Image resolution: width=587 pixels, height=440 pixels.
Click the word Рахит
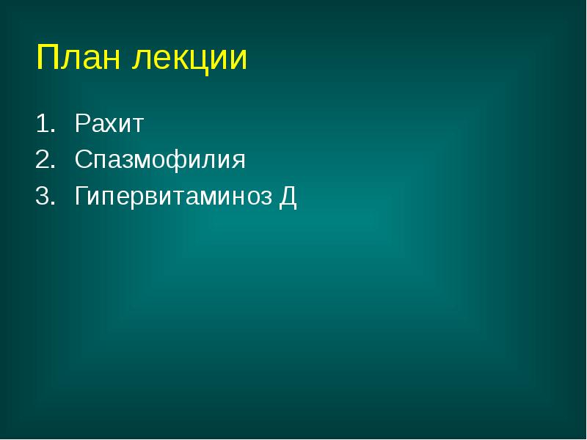[109, 122]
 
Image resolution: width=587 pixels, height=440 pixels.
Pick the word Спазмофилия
[160, 161]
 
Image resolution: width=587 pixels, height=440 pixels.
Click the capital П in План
[47, 58]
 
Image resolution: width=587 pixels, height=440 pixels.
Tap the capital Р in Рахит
[81, 122]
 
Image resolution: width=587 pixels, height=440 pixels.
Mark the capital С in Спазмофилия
[82, 160]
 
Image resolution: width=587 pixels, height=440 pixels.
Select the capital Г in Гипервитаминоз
[80, 197]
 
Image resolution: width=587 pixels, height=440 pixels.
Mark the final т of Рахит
[138, 124]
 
